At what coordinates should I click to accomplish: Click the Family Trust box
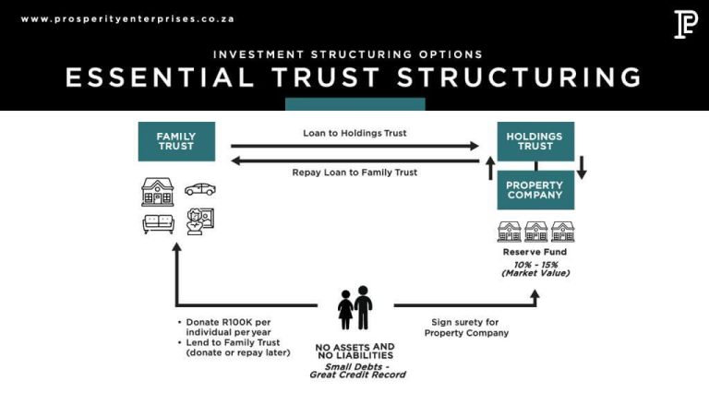(x=176, y=141)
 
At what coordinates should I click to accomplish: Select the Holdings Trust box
(x=535, y=141)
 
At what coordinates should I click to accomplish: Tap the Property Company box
(x=535, y=189)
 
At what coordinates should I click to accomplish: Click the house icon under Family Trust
(x=158, y=191)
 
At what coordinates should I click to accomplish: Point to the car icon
(x=199, y=189)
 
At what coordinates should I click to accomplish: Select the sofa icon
(x=158, y=222)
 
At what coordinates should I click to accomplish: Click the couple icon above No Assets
(x=354, y=307)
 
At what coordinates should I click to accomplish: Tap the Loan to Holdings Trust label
(x=354, y=133)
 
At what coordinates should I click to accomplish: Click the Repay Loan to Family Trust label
(x=354, y=173)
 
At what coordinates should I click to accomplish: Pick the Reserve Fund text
(x=535, y=252)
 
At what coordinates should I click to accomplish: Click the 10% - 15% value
(x=535, y=264)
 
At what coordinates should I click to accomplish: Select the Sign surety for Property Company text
(x=466, y=327)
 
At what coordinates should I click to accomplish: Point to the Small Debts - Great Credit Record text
(x=356, y=370)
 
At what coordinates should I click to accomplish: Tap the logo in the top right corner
(x=685, y=24)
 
